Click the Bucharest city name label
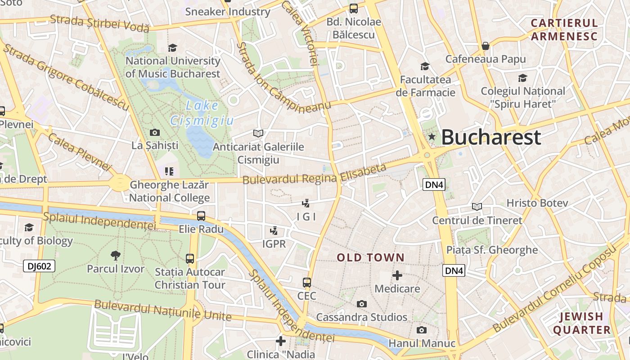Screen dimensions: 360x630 [x=490, y=137]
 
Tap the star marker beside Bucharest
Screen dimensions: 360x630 [x=432, y=136]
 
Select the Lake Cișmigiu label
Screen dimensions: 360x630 [x=202, y=113]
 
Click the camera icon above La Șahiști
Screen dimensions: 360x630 [x=155, y=132]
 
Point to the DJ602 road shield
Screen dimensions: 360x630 [x=39, y=266]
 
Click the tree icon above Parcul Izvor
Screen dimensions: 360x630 [x=116, y=256]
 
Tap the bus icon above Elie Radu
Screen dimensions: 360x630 [x=201, y=216]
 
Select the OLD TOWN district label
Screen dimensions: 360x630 [x=371, y=257]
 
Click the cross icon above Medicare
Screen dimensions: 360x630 [x=397, y=275]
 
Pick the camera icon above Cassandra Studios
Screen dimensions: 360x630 [x=361, y=304]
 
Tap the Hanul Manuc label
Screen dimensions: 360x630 [x=422, y=343]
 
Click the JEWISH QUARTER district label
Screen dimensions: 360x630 [x=581, y=323]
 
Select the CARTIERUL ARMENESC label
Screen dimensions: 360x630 [x=564, y=30]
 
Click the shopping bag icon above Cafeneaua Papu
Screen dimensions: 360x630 [x=486, y=46]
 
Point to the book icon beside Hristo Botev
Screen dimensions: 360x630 [x=477, y=207]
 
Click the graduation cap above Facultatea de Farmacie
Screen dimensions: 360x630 [x=425, y=67]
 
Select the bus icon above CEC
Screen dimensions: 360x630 [x=307, y=283]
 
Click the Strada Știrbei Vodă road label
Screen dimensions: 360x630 [x=99, y=23]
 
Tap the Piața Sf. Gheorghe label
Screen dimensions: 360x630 [x=492, y=250]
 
